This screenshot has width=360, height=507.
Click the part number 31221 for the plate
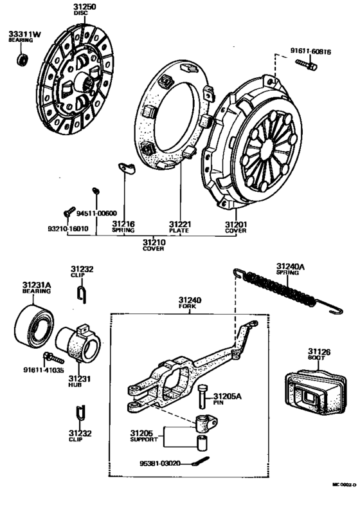(x=180, y=224)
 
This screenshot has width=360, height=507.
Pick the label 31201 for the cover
(x=235, y=224)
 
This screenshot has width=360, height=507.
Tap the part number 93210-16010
(x=67, y=228)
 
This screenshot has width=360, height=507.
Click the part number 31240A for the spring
(x=292, y=265)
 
